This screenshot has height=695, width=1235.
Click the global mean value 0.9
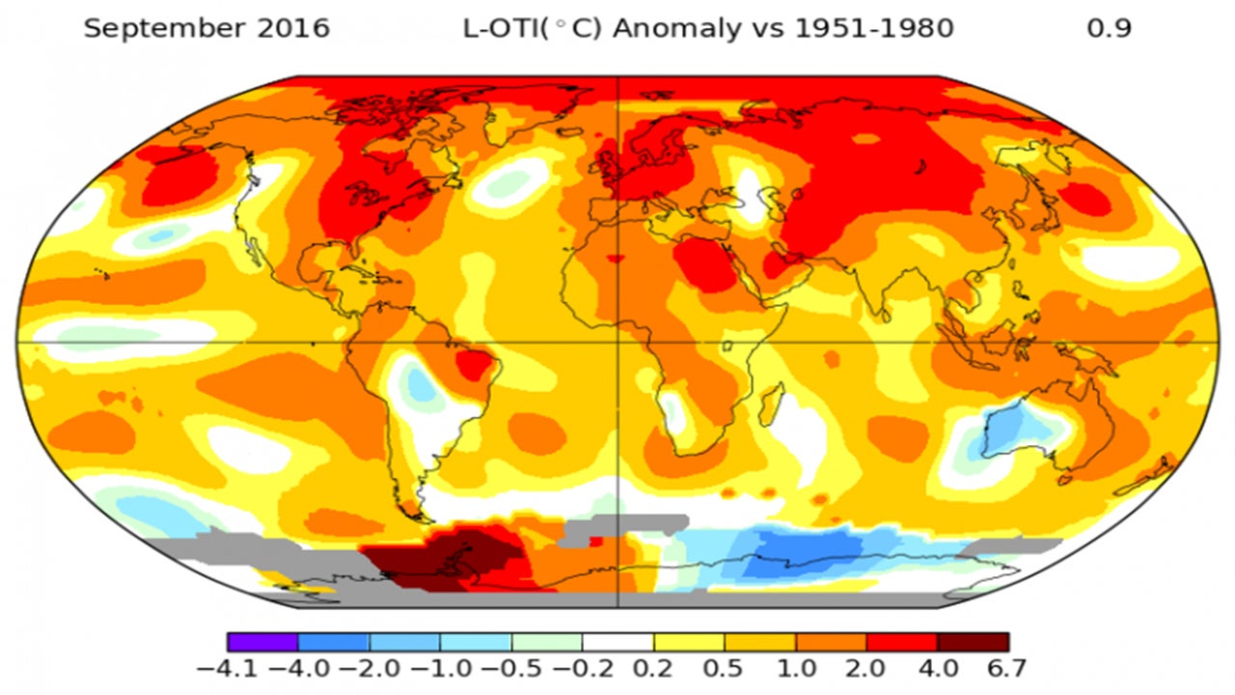[1109, 29]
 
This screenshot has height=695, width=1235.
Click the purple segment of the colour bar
[262, 642]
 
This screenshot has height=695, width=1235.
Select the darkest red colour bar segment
[973, 642]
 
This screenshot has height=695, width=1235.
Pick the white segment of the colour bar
[617, 642]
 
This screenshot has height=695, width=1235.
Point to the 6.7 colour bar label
[1005, 668]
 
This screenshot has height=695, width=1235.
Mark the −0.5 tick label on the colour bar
[511, 668]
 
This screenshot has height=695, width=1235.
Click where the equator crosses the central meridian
[617, 342]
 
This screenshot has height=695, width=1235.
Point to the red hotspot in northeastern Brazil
[475, 365]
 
